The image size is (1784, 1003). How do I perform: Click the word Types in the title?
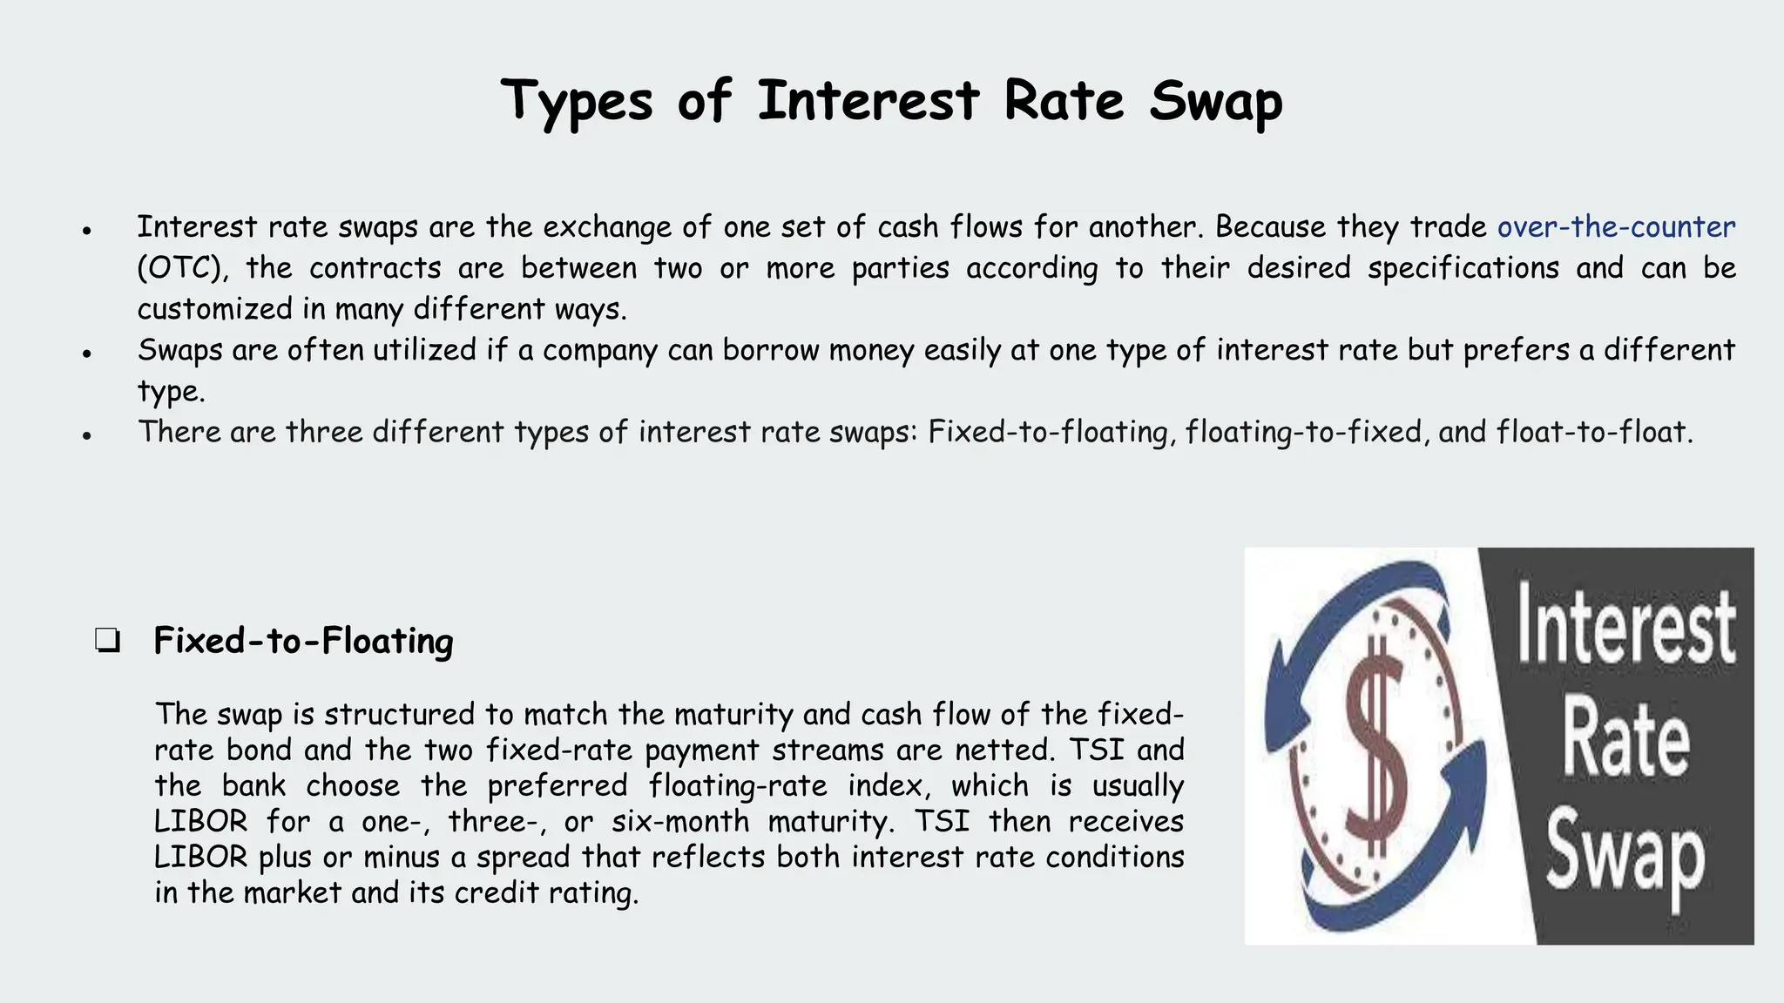(577, 101)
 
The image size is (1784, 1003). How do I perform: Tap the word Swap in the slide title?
(1215, 101)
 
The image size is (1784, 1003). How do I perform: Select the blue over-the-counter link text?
(1616, 227)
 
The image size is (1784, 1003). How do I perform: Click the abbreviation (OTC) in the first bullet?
(182, 268)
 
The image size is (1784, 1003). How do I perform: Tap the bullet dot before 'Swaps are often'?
(87, 354)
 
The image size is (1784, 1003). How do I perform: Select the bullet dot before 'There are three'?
(87, 436)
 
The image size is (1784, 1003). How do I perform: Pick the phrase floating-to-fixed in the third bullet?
(1303, 432)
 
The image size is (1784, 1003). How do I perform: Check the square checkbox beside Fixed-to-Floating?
(108, 643)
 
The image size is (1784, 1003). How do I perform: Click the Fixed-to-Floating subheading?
(303, 642)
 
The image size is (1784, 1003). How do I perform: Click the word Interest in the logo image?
(1625, 625)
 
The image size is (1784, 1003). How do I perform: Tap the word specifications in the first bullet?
(1463, 268)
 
